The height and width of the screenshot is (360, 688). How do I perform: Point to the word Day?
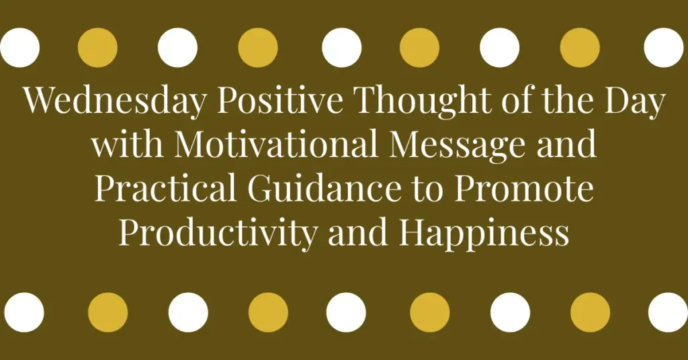coord(634,102)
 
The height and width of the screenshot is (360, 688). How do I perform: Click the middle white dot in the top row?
coord(342,48)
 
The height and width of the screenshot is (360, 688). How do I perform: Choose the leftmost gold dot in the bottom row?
coord(107,312)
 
